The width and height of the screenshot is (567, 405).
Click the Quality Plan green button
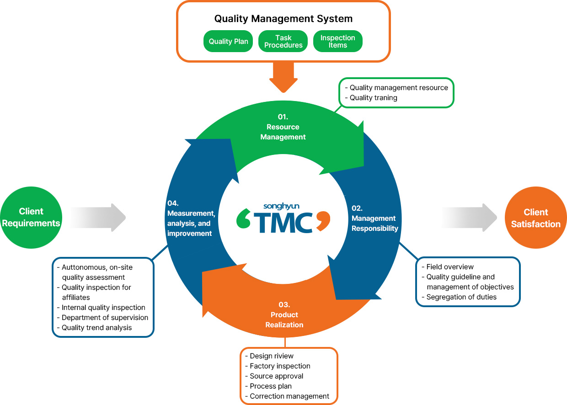pyautogui.click(x=228, y=42)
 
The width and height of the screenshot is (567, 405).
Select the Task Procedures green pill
pyautogui.click(x=283, y=42)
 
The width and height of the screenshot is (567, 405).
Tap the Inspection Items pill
pyautogui.click(x=337, y=42)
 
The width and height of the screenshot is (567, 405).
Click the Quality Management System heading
pyautogui.click(x=283, y=19)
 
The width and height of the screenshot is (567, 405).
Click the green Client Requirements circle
pyautogui.click(x=31, y=218)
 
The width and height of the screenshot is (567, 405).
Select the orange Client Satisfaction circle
pyautogui.click(x=535, y=218)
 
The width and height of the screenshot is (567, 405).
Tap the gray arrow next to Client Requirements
pyautogui.click(x=98, y=218)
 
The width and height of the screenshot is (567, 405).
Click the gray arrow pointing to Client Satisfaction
pyautogui.click(x=469, y=218)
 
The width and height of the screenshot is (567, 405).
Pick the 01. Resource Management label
pyautogui.click(x=283, y=127)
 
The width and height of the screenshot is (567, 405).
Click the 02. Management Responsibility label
pyautogui.click(x=374, y=218)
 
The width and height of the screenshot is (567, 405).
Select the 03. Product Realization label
pyautogui.click(x=284, y=315)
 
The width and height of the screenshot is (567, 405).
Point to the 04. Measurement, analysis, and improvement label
pyautogui.click(x=190, y=218)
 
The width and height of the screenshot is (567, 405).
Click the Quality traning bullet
pyautogui.click(x=373, y=97)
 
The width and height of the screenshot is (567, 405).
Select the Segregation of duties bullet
pyautogui.click(x=461, y=297)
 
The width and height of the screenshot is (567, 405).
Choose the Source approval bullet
pyautogui.click(x=276, y=376)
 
